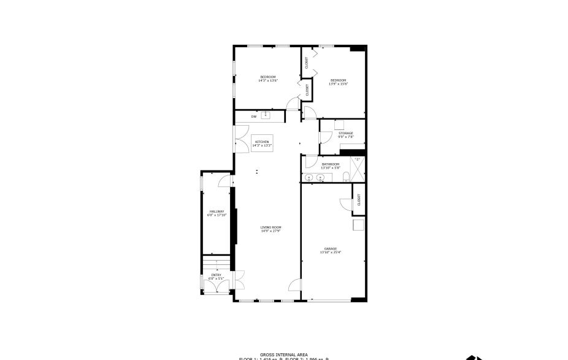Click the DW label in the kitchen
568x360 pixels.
[253, 116]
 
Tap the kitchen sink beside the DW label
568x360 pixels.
[266, 115]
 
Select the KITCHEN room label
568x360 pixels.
[262, 142]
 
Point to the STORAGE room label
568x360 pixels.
[346, 133]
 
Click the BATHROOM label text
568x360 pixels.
[330, 164]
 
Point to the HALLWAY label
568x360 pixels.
[217, 212]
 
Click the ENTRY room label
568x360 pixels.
[216, 275]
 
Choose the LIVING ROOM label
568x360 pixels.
[271, 228]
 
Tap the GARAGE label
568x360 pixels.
[330, 248]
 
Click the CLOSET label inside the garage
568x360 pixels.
[359, 200]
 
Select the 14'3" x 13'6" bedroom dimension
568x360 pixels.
[268, 80]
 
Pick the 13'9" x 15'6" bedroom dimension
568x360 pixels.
[339, 84]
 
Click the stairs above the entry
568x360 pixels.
[216, 263]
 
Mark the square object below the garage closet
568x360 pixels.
[358, 224]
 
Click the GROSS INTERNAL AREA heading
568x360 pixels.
[283, 354]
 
